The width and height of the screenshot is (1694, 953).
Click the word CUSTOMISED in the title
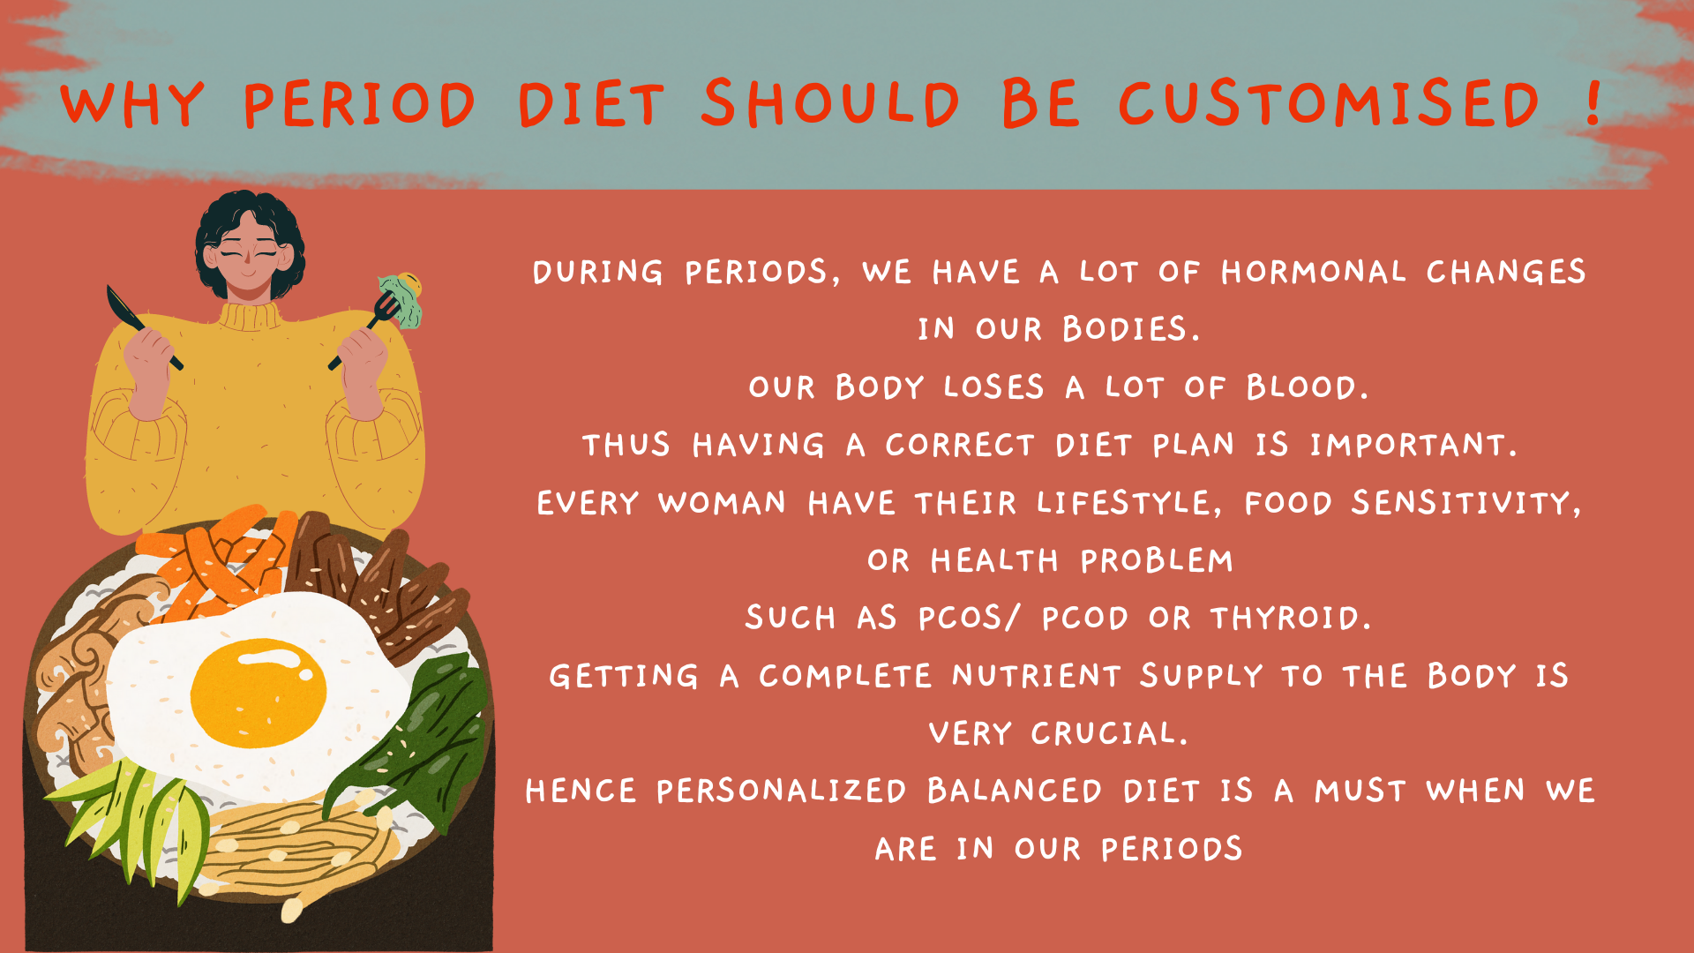(1330, 103)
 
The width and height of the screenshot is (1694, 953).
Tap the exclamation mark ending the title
(1593, 101)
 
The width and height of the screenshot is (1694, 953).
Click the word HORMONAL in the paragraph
(1314, 272)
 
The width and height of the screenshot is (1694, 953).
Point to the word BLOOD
(1307, 387)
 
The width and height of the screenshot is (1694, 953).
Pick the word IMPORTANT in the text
(1413, 445)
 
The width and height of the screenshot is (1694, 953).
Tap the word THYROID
(1291, 618)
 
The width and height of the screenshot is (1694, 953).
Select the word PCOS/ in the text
(969, 618)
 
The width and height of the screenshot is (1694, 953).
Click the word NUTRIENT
(1037, 676)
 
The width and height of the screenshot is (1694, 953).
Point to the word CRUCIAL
(1109, 733)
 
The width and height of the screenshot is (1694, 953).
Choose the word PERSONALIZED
(781, 791)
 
